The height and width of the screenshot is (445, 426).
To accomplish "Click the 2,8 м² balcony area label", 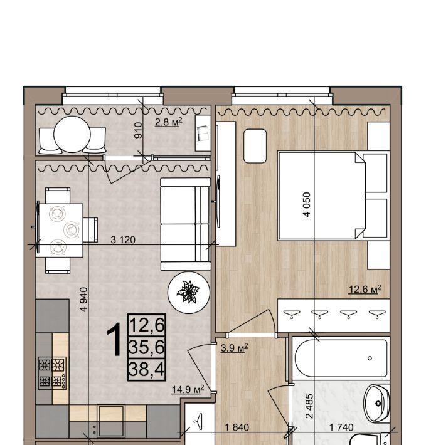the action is pyautogui.click(x=168, y=122).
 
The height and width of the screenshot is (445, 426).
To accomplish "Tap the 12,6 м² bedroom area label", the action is pyautogui.click(x=365, y=290).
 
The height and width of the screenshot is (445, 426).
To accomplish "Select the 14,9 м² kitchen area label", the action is pyautogui.click(x=188, y=389).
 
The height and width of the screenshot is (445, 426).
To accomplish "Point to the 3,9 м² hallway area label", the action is pyautogui.click(x=234, y=348).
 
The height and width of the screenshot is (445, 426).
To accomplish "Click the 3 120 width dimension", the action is pyautogui.click(x=123, y=240).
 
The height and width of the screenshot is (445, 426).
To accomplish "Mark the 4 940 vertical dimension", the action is pyautogui.click(x=84, y=300).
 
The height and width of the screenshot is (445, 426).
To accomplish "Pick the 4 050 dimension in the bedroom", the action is pyautogui.click(x=307, y=204).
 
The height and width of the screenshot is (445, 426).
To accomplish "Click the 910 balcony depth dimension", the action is pyautogui.click(x=138, y=130).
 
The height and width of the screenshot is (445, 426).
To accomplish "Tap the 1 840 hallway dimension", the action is pyautogui.click(x=237, y=427).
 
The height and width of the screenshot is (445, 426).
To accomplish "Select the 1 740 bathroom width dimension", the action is pyautogui.click(x=341, y=427).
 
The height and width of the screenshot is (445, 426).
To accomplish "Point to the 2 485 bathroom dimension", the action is pyautogui.click(x=309, y=406).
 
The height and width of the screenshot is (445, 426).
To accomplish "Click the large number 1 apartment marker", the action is pyautogui.click(x=115, y=340).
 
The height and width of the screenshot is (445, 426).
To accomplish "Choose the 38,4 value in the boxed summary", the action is pyautogui.click(x=147, y=369).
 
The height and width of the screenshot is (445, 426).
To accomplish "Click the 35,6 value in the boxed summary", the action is pyautogui.click(x=147, y=347).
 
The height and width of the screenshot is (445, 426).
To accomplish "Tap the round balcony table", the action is pyautogui.click(x=72, y=134).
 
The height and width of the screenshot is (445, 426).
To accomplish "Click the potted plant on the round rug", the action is pyautogui.click(x=188, y=291).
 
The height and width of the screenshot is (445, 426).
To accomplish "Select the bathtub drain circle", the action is pyautogui.click(x=370, y=358).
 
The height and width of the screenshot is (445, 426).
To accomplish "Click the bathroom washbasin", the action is pyautogui.click(x=377, y=403).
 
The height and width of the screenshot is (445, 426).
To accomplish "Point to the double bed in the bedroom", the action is pyautogui.click(x=333, y=196).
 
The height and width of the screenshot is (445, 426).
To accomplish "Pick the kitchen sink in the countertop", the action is pyautogui.click(x=111, y=421).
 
